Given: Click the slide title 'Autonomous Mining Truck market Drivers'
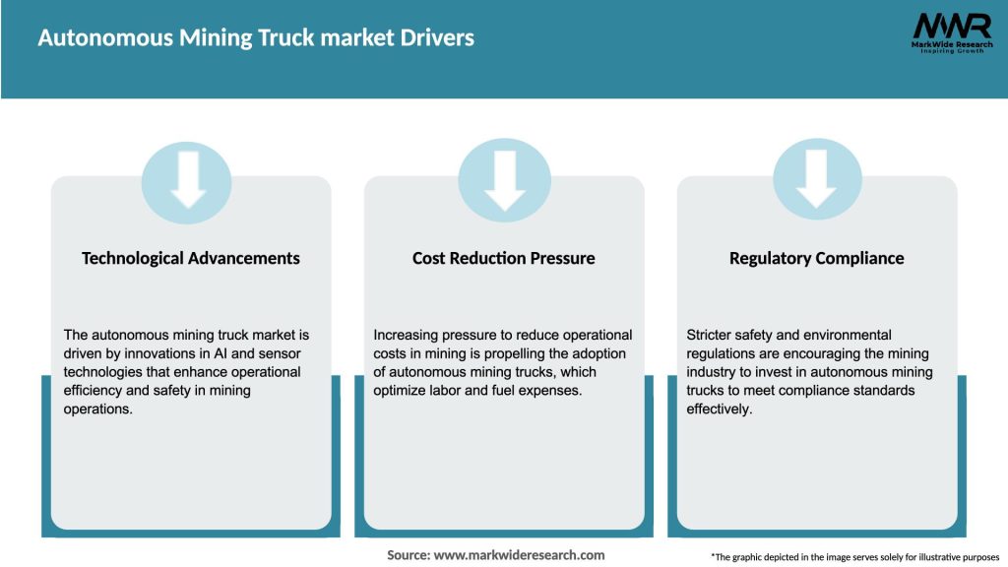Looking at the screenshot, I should pos(256,38).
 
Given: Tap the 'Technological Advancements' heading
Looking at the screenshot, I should pos(191,258).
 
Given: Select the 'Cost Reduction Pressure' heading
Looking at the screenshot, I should pos(503,258).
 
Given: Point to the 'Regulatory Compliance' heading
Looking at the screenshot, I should pos(816,258).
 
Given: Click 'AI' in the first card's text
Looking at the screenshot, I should pos(221,353).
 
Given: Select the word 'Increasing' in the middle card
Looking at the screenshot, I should pos(407,335).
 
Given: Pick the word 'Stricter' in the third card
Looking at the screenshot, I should pos(711,335).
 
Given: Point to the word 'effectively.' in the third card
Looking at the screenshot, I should pos(720,409).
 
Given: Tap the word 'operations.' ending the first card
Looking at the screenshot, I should pos(96,409).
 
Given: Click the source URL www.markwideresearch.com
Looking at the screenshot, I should pos(519,555).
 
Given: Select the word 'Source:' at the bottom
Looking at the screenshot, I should pos(409,555).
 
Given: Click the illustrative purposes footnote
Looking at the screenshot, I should pos(854,557).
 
